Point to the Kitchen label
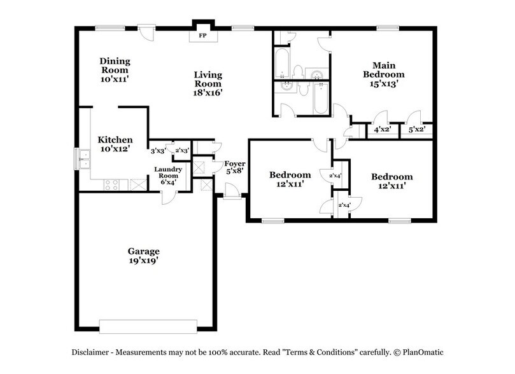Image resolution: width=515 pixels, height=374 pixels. coord(115,140)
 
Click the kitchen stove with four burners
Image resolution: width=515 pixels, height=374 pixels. coord(112,185)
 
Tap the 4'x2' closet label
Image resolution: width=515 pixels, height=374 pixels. coord(381,130)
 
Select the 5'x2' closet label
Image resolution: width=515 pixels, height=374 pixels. coord(416,130)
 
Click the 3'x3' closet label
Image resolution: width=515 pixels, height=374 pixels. coord(157,151)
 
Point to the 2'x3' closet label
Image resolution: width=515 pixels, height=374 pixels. coord(181,151)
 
